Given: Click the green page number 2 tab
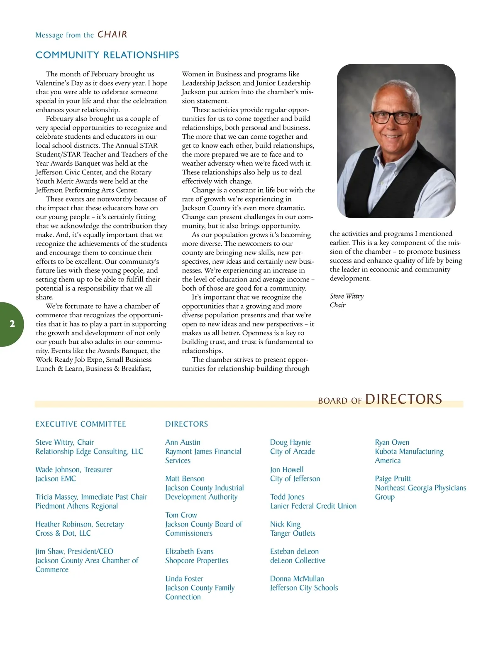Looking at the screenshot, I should (x=12, y=324).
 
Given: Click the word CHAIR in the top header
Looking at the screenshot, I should (x=112, y=34).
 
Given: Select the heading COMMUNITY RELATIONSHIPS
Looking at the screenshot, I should (x=107, y=55).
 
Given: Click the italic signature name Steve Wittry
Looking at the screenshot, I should (x=347, y=296).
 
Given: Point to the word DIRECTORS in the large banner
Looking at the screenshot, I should (x=403, y=399).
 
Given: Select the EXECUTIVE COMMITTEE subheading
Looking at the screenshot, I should (x=81, y=424).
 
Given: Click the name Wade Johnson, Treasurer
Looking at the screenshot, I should (x=74, y=470).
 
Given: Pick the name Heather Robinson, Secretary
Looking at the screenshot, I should (x=80, y=524).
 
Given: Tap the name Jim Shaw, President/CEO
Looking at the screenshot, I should (x=74, y=551).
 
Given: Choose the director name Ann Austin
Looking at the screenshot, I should (x=183, y=442).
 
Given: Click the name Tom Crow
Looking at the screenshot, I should (x=181, y=515).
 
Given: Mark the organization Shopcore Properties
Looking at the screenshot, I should (x=197, y=561).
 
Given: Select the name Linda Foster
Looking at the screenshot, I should (x=184, y=578).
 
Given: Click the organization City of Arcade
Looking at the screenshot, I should (x=293, y=451).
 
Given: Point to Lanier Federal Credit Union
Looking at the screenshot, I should (x=313, y=506).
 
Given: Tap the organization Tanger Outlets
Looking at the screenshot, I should (x=293, y=533).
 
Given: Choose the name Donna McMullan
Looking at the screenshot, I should (x=297, y=578).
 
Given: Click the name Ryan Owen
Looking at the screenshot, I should (x=392, y=442).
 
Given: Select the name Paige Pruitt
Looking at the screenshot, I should (x=393, y=479).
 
